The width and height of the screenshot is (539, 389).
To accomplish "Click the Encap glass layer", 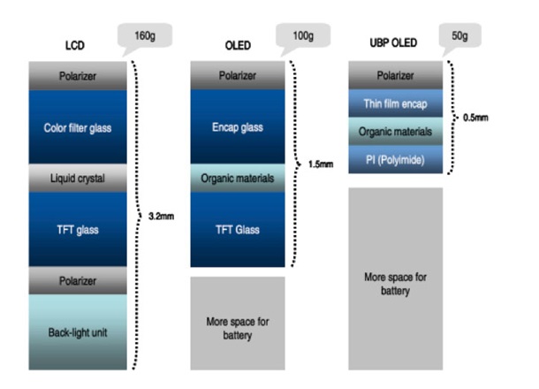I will click(239, 127).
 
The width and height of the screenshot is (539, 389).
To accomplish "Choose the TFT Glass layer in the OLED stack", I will click(239, 229).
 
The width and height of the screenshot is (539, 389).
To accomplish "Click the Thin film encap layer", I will click(396, 103).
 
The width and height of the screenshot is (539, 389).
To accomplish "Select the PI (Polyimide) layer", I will click(396, 158).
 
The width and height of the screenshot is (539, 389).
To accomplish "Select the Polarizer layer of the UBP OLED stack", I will click(396, 76).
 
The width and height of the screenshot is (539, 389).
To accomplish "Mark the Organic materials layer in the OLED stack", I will click(239, 179).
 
